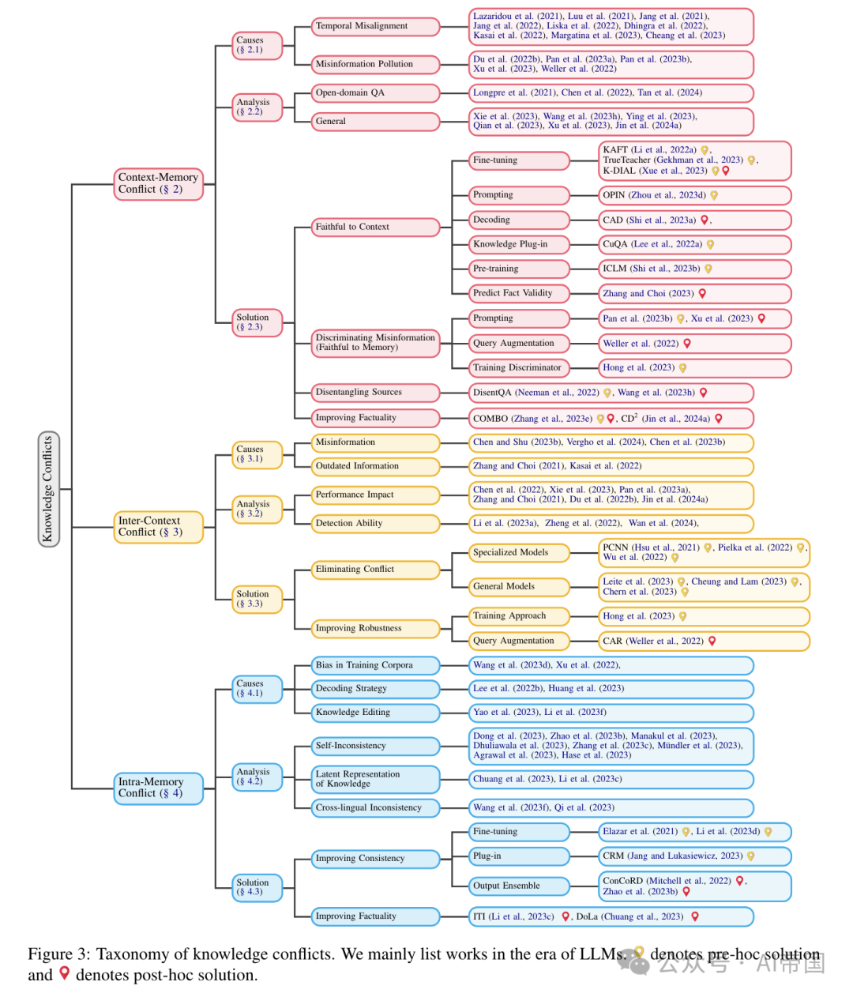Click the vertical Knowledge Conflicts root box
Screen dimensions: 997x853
48,489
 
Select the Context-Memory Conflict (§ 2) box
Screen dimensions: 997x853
158,183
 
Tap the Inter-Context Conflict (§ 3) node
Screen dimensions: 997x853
158,526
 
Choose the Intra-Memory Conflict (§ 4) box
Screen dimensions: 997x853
158,788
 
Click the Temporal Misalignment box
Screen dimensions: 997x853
374,26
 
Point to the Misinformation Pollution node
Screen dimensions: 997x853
374,64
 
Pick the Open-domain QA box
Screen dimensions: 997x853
374,93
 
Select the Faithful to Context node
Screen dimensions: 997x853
374,227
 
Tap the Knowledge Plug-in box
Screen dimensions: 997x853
519,244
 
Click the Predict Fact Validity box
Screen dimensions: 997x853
519,293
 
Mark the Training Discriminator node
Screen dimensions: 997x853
519,367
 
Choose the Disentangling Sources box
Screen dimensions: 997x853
374,392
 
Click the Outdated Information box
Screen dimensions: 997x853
374,466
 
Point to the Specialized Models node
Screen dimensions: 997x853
519,552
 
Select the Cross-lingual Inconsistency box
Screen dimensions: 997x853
374,807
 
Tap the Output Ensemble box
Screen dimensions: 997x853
519,886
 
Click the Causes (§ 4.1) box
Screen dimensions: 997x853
257,688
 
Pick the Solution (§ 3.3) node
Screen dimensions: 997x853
257,599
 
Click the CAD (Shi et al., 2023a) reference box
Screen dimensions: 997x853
694,220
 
